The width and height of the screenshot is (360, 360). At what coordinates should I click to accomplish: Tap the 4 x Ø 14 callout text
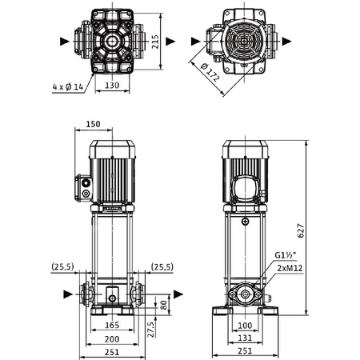pos(68,86)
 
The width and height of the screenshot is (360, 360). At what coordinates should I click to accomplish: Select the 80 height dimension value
pos(163,304)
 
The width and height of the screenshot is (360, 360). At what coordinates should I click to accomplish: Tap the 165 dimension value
pos(112,326)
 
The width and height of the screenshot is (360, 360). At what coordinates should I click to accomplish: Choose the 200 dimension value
pos(112,339)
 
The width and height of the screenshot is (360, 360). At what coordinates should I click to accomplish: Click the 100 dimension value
pos(246,326)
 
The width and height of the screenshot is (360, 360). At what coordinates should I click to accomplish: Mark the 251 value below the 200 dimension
pos(112,353)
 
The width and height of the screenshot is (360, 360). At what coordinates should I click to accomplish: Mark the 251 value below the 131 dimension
pos(246,353)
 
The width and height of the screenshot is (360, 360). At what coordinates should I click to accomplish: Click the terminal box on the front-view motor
pos(84,187)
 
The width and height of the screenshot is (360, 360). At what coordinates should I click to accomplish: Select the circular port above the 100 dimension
pos(245,295)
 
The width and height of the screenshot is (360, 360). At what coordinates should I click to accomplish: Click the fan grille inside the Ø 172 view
pos(246,42)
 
